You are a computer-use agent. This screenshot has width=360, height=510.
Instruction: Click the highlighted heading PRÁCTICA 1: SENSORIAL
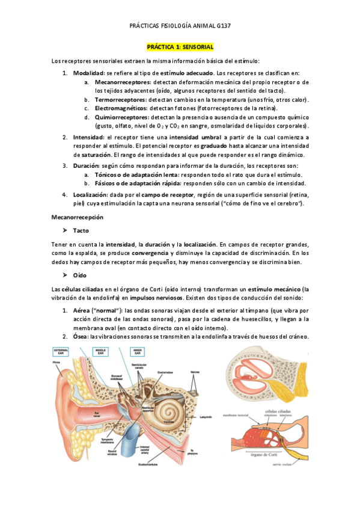coord(180,46)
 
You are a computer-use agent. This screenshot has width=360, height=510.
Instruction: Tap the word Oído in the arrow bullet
coord(80,275)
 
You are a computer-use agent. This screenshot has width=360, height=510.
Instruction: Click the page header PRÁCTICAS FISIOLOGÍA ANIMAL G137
coord(180,26)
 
